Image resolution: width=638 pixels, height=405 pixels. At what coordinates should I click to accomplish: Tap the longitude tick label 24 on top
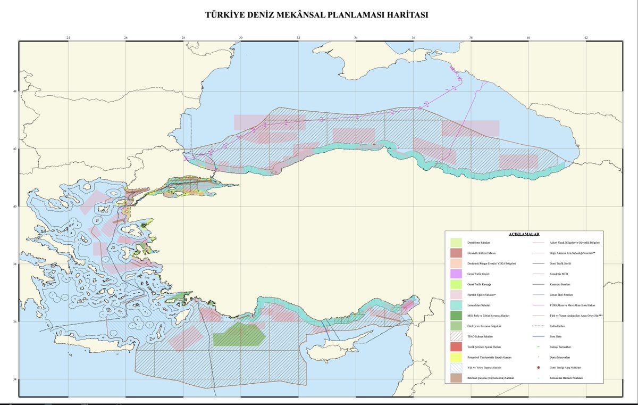(68, 37)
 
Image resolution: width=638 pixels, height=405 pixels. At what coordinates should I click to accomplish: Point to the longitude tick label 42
(586, 37)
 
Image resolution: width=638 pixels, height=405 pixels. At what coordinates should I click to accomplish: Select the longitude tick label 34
(356, 37)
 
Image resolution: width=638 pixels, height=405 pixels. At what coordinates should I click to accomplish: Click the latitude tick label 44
(15, 92)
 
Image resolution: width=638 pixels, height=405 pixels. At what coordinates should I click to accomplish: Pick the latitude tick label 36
(15, 322)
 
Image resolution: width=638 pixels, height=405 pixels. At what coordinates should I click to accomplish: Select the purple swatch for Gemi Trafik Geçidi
(456, 274)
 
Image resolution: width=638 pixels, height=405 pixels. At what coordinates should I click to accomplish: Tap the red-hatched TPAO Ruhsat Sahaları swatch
(456, 336)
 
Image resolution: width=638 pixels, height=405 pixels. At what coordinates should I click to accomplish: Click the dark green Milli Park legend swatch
(456, 316)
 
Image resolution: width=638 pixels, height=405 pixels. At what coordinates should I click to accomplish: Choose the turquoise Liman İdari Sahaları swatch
(456, 305)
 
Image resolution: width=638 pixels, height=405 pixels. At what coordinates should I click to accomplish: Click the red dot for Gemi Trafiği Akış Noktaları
(538, 368)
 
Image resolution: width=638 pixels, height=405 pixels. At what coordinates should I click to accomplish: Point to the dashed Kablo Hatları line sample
(538, 326)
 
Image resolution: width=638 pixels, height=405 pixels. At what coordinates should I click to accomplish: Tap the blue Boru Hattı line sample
(538, 336)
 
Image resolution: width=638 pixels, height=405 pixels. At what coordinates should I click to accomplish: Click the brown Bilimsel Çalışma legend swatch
(456, 378)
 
